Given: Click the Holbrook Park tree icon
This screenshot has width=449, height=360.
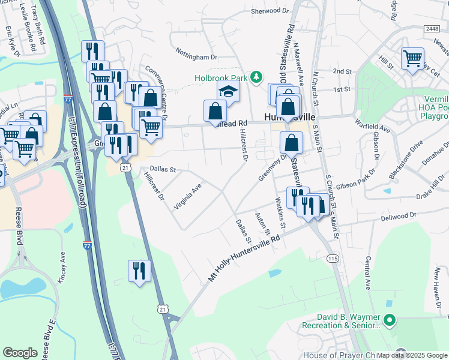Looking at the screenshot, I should [x=257, y=77].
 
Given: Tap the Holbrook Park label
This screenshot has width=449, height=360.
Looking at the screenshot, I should [x=221, y=78].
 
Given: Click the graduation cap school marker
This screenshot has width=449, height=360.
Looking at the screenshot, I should [x=228, y=92].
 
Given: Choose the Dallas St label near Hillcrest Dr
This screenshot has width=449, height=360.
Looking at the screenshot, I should [x=163, y=170].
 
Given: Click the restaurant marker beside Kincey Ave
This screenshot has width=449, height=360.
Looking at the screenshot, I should [x=139, y=271].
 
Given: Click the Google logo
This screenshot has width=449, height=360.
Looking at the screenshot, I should [x=20, y=353].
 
